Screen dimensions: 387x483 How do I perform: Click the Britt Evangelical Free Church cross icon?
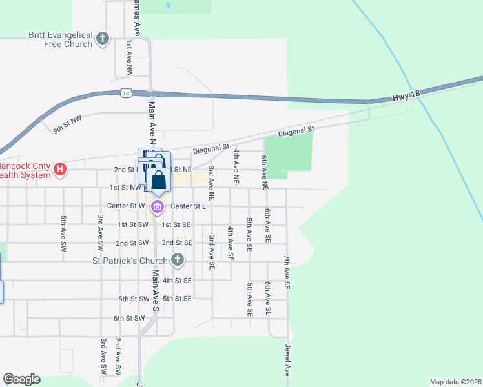[x=102, y=39]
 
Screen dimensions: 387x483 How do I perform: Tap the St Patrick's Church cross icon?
[x=178, y=261]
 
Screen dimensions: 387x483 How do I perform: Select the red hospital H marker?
[x=59, y=170]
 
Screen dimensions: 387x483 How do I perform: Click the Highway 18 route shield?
[x=125, y=94]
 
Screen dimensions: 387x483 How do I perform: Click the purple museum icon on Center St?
[x=157, y=207]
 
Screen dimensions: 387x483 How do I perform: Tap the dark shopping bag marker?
[x=159, y=180]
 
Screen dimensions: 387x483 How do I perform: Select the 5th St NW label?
[x=68, y=124]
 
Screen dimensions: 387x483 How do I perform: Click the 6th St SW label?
[x=129, y=318]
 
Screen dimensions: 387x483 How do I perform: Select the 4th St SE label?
[x=178, y=281]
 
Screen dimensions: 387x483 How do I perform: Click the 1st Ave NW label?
[x=130, y=55]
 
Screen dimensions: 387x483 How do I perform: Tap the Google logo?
[x=21, y=379]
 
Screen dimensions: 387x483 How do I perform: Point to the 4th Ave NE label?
[x=237, y=168]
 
